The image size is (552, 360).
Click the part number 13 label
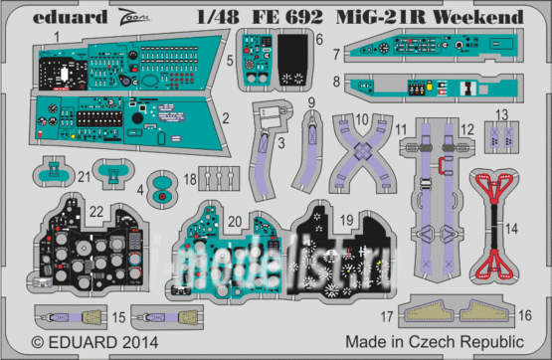click(502, 113)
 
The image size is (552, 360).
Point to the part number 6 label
click(319, 39)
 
